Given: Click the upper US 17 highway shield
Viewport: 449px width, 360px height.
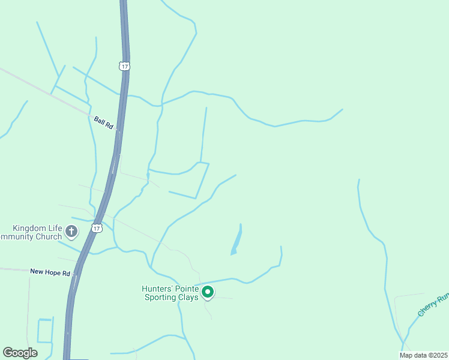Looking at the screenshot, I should [x=124, y=66].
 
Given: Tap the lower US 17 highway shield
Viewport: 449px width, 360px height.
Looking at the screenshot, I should [x=97, y=228].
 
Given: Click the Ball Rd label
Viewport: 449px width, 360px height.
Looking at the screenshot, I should [x=103, y=123].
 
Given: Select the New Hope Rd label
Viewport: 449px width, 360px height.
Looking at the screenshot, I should [x=50, y=272].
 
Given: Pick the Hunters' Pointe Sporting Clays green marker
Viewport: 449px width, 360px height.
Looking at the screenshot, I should [x=208, y=292].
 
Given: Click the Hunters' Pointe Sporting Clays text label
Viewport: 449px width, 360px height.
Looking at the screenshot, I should [x=170, y=293].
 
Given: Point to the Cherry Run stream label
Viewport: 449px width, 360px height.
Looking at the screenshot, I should [x=433, y=305].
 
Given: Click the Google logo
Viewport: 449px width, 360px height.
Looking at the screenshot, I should [x=20, y=353].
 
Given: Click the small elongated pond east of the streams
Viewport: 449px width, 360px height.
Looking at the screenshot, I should [x=237, y=240].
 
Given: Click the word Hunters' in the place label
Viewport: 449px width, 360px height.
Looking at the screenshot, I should [x=156, y=289].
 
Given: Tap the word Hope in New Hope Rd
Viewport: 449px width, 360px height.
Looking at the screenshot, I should [x=52, y=272].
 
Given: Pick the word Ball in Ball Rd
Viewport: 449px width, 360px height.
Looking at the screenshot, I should [x=99, y=120].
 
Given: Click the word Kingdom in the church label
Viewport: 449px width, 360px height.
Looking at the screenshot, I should [x=29, y=228].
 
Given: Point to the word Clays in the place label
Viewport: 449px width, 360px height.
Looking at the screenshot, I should [x=187, y=297].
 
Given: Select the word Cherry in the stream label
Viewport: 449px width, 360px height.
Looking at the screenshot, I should [x=427, y=309].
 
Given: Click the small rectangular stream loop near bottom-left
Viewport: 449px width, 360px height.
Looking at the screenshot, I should [x=45, y=330].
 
